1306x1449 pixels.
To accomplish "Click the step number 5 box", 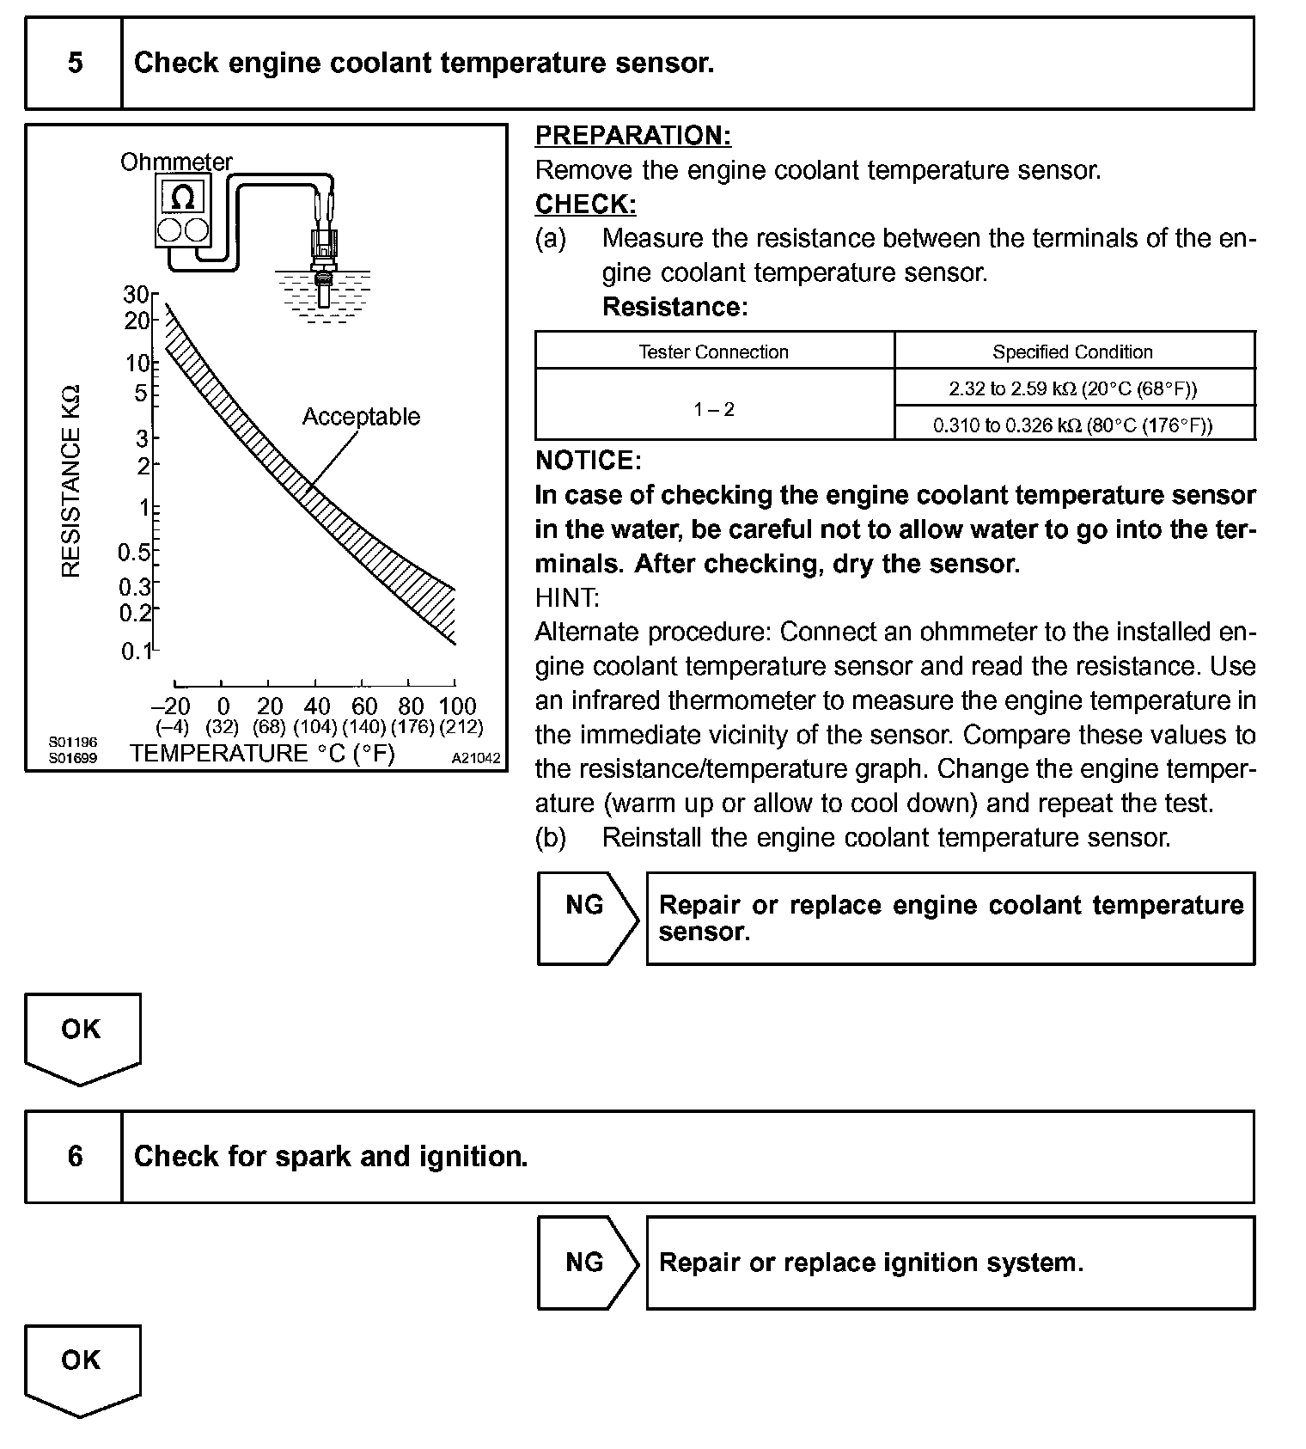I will pos(75,64).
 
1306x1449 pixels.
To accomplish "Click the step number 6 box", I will pos(75,1157).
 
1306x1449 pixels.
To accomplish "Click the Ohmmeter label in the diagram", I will pos(176,162).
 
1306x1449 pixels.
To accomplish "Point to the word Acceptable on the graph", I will pos(361,417).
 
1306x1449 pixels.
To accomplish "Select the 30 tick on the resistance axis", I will pos(136,295).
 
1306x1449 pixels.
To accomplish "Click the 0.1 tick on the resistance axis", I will pos(136,651).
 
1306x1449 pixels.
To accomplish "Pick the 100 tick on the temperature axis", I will pos(457,706).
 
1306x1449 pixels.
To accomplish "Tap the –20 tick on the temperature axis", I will pos(170,706).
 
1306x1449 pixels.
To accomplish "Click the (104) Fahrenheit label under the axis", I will pos(315,727).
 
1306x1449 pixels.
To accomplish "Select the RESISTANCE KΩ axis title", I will pos(71,482).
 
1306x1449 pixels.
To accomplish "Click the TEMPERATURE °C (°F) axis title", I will pos(262,754).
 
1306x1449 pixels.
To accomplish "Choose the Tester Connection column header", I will pos(713,352).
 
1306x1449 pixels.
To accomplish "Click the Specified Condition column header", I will pos(1072,352).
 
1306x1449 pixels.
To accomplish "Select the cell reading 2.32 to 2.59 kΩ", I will pos(1072,388).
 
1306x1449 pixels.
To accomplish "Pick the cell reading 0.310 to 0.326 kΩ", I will pos(1072,425).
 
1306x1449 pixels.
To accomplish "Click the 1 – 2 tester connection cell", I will pos(714,408).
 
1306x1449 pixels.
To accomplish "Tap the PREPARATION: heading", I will pos(633,136).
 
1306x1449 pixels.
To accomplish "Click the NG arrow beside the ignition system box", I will pos(586,1263).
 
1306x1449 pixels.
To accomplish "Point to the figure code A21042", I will pos(476,759).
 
